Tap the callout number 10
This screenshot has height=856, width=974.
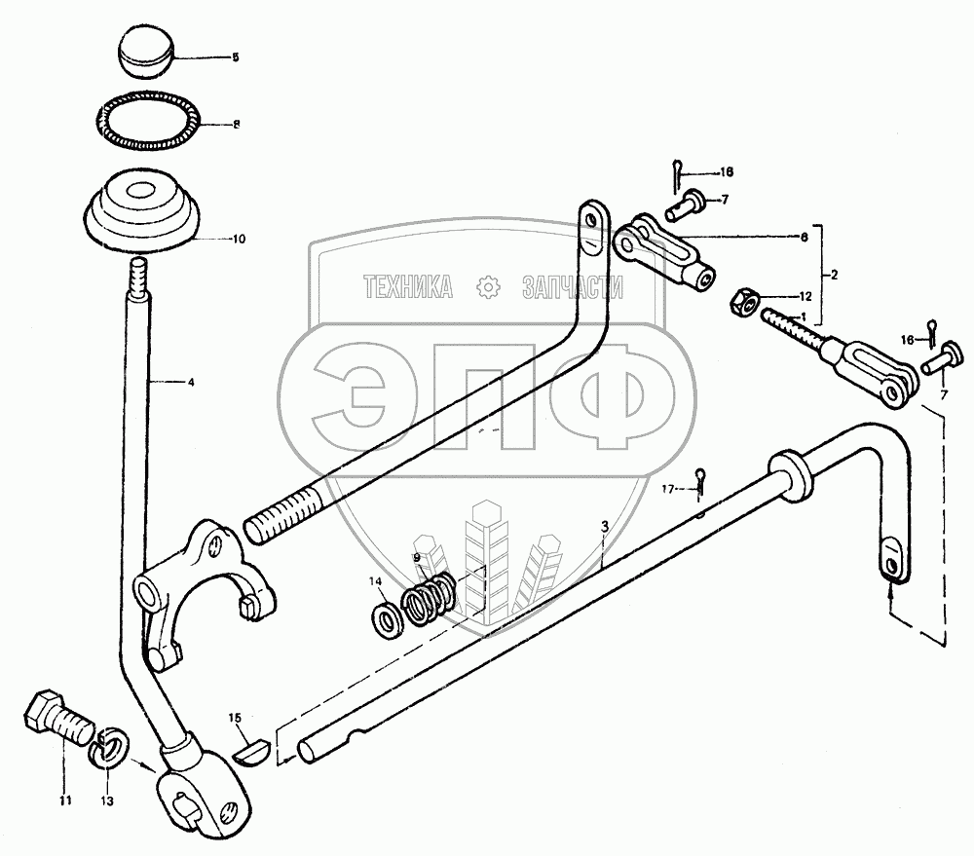[238, 239]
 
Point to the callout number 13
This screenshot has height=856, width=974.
[106, 801]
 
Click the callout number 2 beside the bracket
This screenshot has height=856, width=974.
[833, 276]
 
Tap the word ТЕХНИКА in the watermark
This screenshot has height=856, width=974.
[406, 287]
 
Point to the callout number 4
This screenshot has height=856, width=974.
[191, 383]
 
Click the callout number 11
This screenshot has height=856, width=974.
[65, 801]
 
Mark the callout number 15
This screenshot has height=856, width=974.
[235, 719]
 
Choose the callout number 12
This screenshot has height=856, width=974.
[805, 295]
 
